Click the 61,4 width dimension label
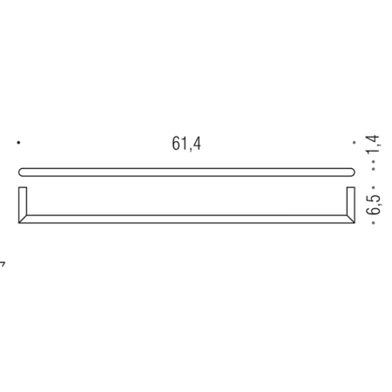point(186,145)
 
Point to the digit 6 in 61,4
point(176,145)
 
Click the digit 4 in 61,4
point(198,145)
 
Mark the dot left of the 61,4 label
point(18,142)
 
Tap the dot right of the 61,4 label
point(354,142)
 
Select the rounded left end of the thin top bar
point(21,171)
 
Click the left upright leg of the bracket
point(23,204)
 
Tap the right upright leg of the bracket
point(351,204)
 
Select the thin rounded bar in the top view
point(186,171)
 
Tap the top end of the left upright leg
point(23,188)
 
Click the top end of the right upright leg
point(351,188)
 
